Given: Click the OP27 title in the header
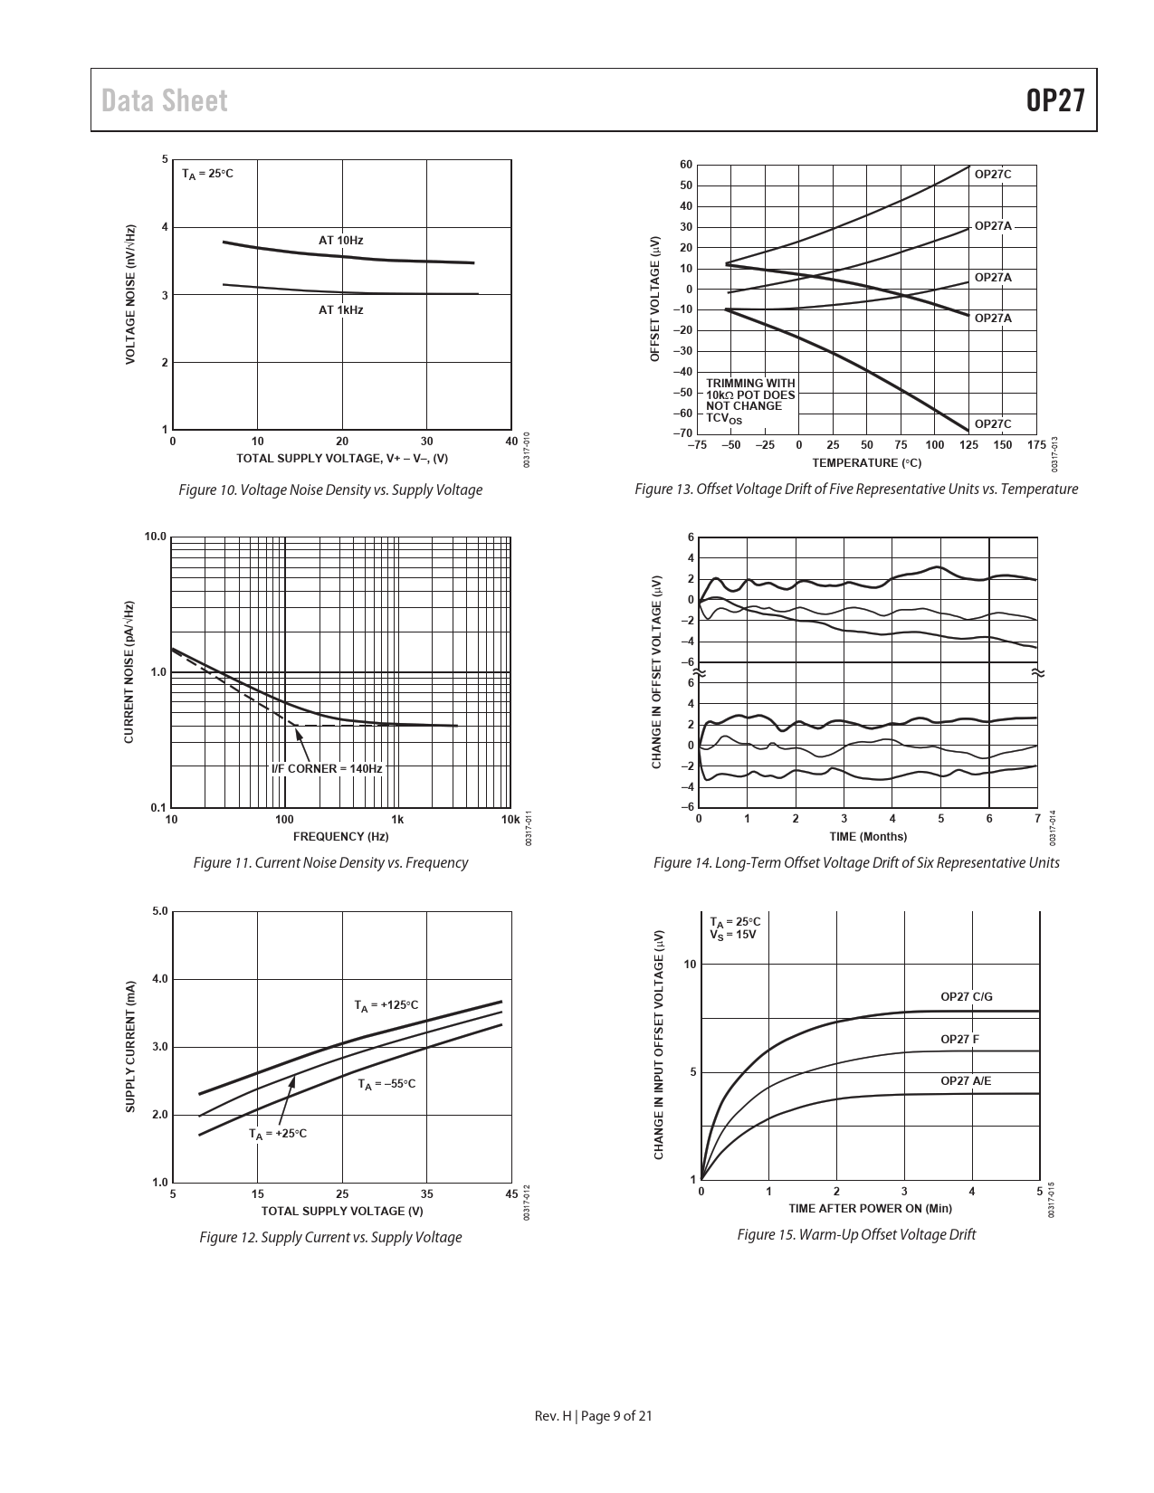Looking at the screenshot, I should coord(1054,100).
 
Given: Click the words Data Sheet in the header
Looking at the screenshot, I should coord(165,100).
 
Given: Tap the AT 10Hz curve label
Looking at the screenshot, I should coord(340,241).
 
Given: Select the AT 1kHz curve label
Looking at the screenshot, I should coord(340,310).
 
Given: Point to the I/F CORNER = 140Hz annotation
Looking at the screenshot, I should coord(327,769).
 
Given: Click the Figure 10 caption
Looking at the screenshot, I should coord(330,490).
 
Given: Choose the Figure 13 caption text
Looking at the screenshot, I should coord(856,490).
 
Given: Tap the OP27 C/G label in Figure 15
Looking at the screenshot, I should coord(966,997).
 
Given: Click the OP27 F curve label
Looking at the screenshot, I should coord(959,1040).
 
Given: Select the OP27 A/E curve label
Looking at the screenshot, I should coord(966,1081).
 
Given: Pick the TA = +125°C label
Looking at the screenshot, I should coord(386,1005).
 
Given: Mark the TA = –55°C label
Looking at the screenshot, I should coord(386,1084).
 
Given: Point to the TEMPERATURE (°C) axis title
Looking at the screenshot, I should coord(866,463).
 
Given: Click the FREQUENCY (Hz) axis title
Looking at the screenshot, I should coord(340,836).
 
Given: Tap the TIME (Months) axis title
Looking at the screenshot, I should coord(868,836).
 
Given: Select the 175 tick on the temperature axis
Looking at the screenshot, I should coord(1037,445).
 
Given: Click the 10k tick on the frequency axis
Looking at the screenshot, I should coord(510,820).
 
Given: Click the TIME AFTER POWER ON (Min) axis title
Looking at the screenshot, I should coord(870,1208).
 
